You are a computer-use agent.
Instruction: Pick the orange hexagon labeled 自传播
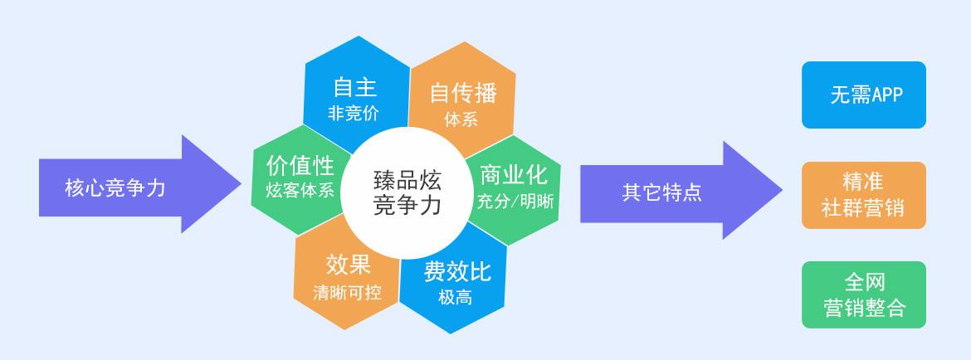click(463, 99)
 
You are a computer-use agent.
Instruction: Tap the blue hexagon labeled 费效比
click(455, 280)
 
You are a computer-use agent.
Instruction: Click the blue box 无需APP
click(864, 95)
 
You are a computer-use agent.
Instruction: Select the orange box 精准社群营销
click(864, 196)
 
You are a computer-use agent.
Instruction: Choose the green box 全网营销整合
click(864, 294)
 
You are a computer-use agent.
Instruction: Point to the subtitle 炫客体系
click(300, 190)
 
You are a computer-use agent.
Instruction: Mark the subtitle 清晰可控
click(347, 292)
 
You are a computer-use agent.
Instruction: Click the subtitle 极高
click(455, 298)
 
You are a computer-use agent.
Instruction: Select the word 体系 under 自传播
click(461, 119)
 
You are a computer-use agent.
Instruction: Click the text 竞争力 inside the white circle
click(407, 205)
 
